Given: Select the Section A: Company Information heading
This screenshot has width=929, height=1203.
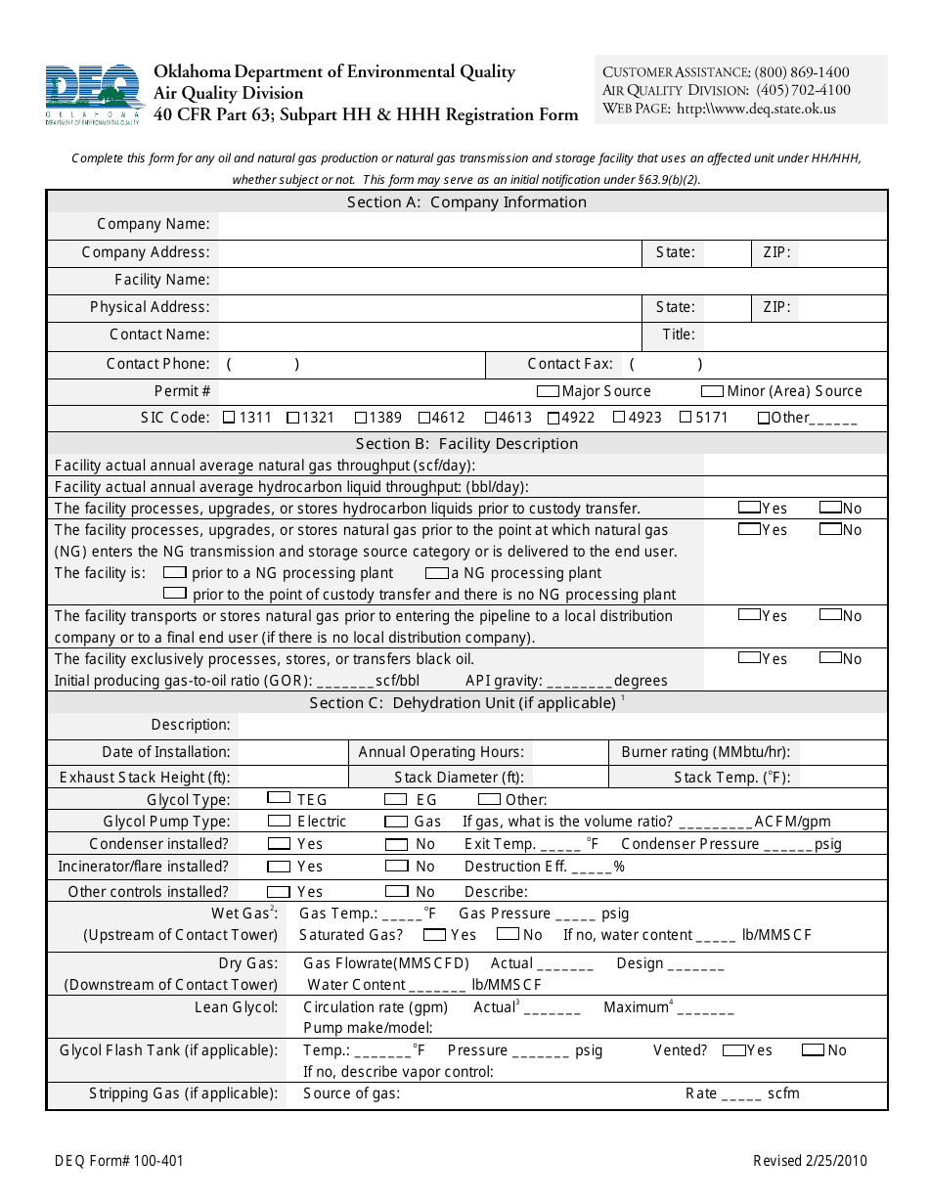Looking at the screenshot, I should [x=466, y=202].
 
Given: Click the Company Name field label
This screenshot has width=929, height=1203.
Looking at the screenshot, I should [x=154, y=225].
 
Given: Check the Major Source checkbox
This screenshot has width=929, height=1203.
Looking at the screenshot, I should [x=548, y=391].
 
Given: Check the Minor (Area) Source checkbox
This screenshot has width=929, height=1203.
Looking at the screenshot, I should [x=712, y=391].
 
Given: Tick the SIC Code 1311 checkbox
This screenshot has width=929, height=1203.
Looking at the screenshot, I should [x=229, y=418].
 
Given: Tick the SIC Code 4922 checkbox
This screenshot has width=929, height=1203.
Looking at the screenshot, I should [x=553, y=418].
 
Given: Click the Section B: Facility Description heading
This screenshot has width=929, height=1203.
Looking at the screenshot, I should [x=466, y=444].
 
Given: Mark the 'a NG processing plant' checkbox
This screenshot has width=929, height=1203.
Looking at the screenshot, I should [x=436, y=572].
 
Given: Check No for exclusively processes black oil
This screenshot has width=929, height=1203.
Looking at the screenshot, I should [x=830, y=657].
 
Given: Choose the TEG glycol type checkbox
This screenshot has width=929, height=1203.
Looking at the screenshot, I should [x=279, y=798].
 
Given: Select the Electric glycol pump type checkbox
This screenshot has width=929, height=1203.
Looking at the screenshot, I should [x=279, y=821].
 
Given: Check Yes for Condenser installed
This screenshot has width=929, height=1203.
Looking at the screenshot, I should [x=279, y=843].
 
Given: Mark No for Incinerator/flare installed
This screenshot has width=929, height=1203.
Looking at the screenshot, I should [x=396, y=866].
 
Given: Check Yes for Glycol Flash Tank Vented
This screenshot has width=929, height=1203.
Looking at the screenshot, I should [x=733, y=1049].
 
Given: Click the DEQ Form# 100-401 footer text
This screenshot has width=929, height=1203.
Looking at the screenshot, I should [x=118, y=1162].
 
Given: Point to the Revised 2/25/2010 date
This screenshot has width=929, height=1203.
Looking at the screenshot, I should [x=810, y=1162].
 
